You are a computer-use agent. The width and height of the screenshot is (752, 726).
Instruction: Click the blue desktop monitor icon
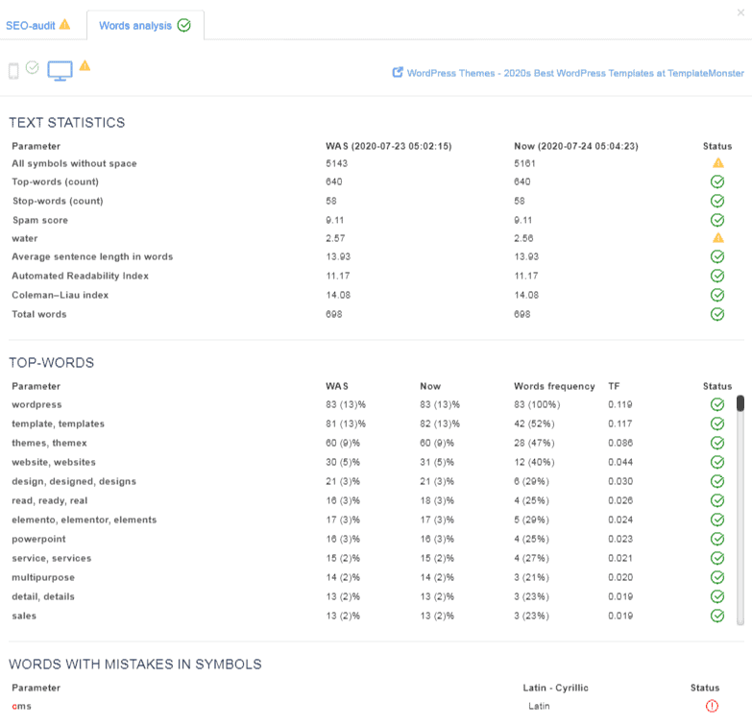pyautogui.click(x=61, y=71)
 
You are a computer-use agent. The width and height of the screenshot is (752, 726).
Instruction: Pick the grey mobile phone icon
pyautogui.click(x=13, y=71)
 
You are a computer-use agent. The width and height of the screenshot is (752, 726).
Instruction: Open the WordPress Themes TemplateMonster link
pyautogui.click(x=574, y=73)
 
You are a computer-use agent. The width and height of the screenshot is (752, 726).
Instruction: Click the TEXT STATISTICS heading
pyautogui.click(x=67, y=123)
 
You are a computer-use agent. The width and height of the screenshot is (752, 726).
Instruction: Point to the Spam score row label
pyautogui.click(x=39, y=220)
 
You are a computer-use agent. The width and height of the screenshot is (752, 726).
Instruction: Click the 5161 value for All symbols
pyautogui.click(x=525, y=163)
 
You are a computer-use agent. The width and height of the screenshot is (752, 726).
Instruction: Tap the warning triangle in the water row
pyautogui.click(x=716, y=238)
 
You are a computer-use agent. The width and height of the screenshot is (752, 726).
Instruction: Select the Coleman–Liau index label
pyautogui.click(x=53, y=295)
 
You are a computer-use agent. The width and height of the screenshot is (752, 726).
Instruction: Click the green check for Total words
pyautogui.click(x=716, y=314)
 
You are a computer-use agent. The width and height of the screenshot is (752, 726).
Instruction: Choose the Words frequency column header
pyautogui.click(x=554, y=386)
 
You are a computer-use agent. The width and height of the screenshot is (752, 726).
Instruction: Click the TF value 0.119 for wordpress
pyautogui.click(x=619, y=404)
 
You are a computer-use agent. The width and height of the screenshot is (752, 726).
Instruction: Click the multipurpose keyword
pyautogui.click(x=43, y=577)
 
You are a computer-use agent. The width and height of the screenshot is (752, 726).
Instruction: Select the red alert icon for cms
pyautogui.click(x=712, y=706)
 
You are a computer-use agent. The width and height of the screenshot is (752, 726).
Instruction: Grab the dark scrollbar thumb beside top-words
pyautogui.click(x=740, y=403)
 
